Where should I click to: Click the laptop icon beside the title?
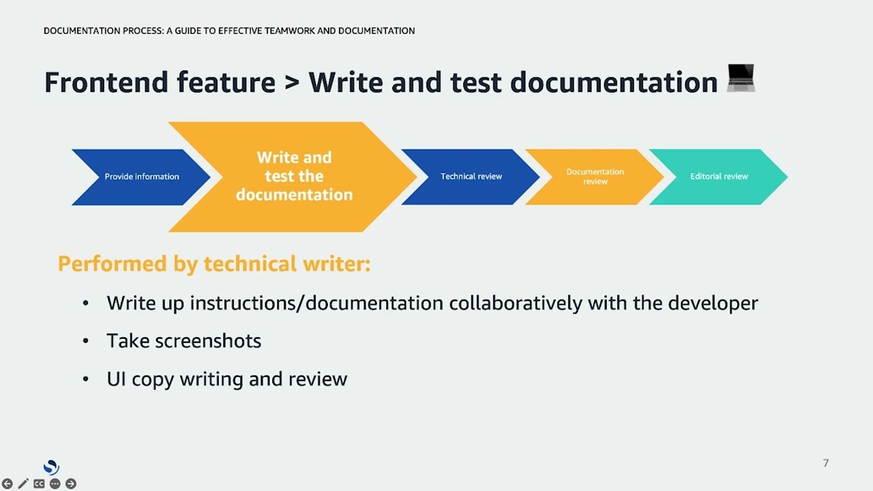[741, 78]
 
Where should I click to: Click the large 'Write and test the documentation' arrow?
[294, 177]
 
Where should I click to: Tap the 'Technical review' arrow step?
[471, 177]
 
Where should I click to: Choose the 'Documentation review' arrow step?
[595, 177]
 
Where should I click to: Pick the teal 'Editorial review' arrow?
[718, 177]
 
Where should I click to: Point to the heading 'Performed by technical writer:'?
[214, 264]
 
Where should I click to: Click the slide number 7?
[825, 463]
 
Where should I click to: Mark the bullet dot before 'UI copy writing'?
[85, 379]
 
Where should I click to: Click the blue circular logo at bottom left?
[51, 467]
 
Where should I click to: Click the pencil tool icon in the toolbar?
[23, 483]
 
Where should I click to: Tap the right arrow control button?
[70, 483]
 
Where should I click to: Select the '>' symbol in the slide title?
[292, 83]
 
